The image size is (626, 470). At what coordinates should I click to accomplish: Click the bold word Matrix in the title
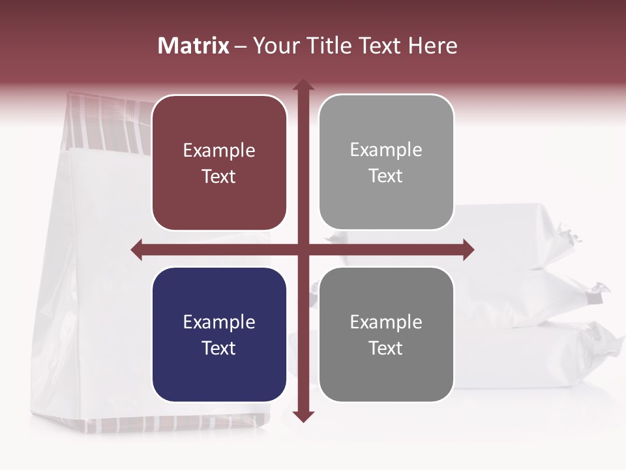coord(194,46)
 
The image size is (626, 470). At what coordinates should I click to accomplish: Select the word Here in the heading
coord(432,46)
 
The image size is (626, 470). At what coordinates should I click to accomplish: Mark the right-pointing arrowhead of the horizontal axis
coord(468,249)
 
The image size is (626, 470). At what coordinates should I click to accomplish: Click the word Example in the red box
coord(219,151)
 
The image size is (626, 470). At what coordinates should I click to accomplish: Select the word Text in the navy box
coord(219,348)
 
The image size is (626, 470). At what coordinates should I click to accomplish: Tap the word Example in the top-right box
coord(386,150)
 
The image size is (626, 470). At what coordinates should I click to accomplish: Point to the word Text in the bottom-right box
coord(386,348)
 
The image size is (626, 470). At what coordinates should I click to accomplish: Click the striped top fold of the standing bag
coord(108,121)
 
